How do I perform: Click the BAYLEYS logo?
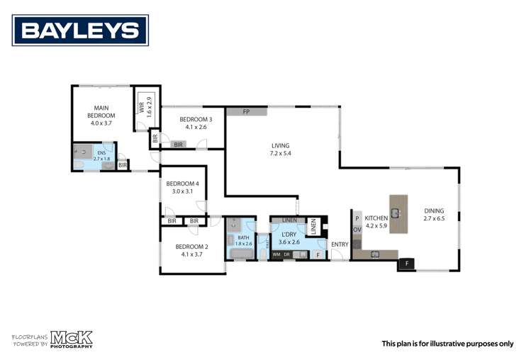pos(80,30)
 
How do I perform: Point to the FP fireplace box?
pos(247,112)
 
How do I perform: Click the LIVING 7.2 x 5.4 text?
pos(280,150)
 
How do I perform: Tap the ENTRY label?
pos(340,245)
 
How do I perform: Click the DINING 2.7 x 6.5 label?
pos(435,215)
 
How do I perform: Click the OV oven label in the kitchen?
pos(357,229)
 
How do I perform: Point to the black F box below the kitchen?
pos(407,264)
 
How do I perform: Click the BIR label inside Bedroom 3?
pos(179,145)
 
